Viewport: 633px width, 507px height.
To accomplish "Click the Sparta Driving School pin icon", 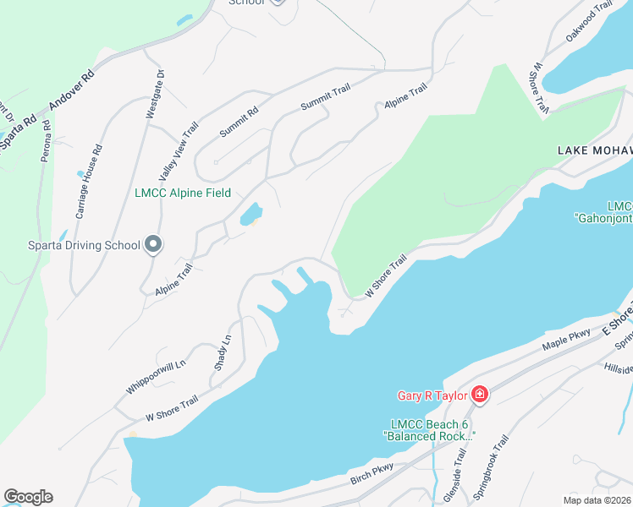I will (x=153, y=245).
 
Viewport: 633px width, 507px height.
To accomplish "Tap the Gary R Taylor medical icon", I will (x=479, y=394).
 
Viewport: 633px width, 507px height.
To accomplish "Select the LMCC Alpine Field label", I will (x=183, y=193).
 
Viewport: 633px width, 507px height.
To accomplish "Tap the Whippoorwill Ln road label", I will (x=155, y=372).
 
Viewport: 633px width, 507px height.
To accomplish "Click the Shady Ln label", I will (x=223, y=352).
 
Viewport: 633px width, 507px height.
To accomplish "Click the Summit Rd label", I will (x=239, y=122).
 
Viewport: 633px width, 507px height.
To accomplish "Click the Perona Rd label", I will (x=46, y=140).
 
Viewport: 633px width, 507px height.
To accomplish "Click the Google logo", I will (x=28, y=497).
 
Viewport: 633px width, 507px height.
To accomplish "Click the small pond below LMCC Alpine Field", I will (x=250, y=215).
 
